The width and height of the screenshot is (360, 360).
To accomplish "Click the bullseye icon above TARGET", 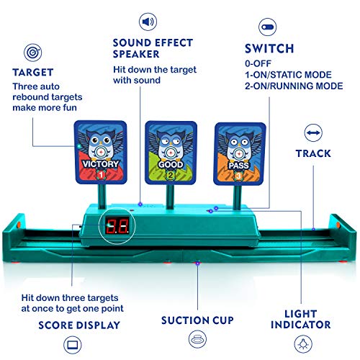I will (x=32, y=53).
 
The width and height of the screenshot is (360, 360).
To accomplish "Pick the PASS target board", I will (x=236, y=151).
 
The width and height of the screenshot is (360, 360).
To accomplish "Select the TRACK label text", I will (x=313, y=153).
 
